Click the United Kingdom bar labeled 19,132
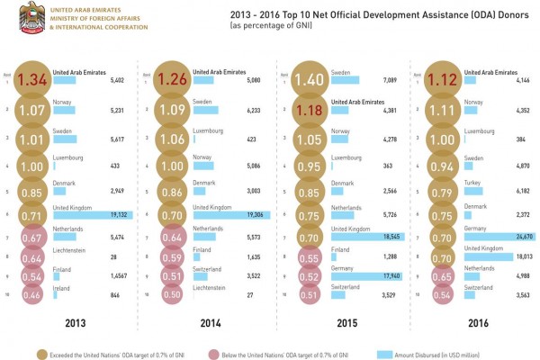pos(90,215)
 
